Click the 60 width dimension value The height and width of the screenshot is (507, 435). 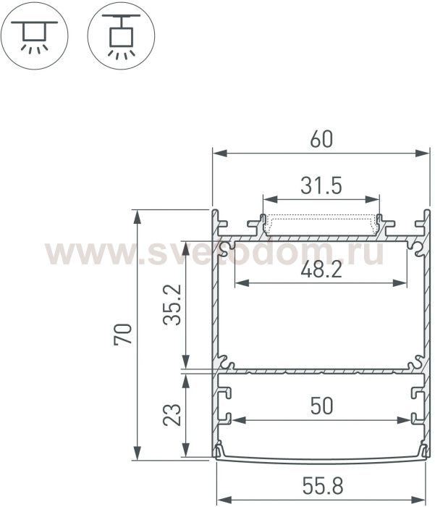click(x=321, y=139)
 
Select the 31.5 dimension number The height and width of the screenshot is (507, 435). click(x=321, y=185)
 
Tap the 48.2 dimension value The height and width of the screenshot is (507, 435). click(x=321, y=269)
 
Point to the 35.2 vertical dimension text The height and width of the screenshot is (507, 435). click(x=172, y=305)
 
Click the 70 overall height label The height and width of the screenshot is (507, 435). click(x=123, y=335)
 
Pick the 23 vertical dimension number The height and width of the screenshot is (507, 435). click(x=172, y=415)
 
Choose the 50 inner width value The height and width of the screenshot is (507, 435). click(x=321, y=406)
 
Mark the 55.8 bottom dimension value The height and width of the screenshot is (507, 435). click(x=323, y=486)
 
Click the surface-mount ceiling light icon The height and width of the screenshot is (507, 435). click(x=34, y=35)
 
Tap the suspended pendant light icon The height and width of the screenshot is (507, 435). click(x=121, y=35)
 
